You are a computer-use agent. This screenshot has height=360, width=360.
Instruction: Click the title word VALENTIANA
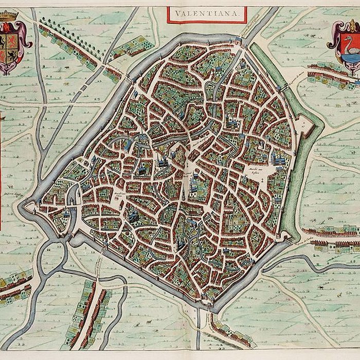coord(206,14)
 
